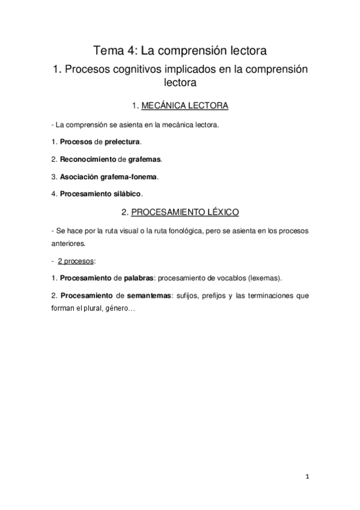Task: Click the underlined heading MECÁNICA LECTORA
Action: point(185,106)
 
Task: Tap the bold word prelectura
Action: point(122,142)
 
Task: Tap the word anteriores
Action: point(69,244)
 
